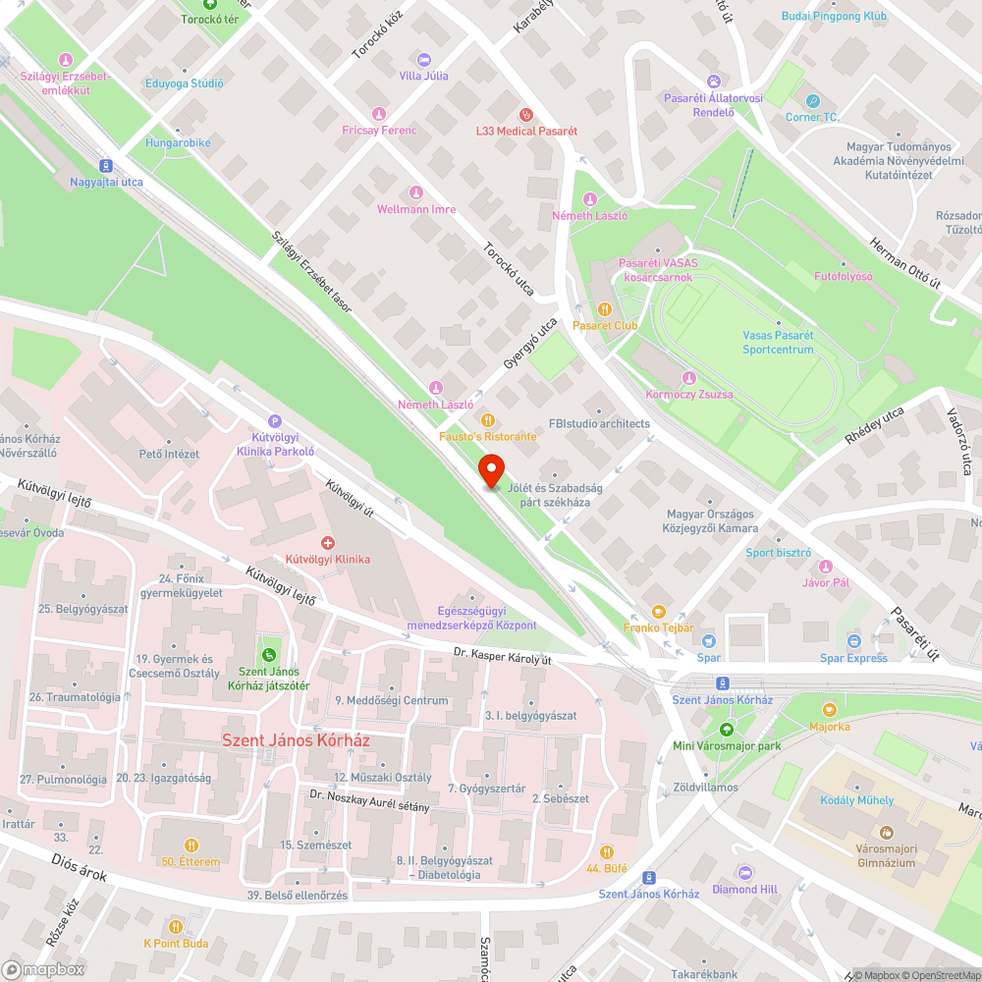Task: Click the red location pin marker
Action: [x=490, y=470]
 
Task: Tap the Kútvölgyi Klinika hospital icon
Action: [x=328, y=542]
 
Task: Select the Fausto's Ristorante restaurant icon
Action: [x=487, y=419]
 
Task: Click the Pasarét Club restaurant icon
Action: [x=605, y=309]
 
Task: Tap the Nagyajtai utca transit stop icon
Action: [x=106, y=166]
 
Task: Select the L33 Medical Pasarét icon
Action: [x=525, y=114]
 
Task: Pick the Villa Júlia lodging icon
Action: [x=423, y=59]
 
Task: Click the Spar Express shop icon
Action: [x=853, y=641]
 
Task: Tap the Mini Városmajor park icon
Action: [x=726, y=729]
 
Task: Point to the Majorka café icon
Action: [x=830, y=709]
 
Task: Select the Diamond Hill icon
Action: [x=744, y=872]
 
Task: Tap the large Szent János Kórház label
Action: [x=296, y=740]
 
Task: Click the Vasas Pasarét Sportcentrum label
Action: [x=778, y=342]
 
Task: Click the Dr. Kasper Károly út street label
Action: [x=503, y=655]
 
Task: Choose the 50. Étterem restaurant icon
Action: [x=191, y=845]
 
